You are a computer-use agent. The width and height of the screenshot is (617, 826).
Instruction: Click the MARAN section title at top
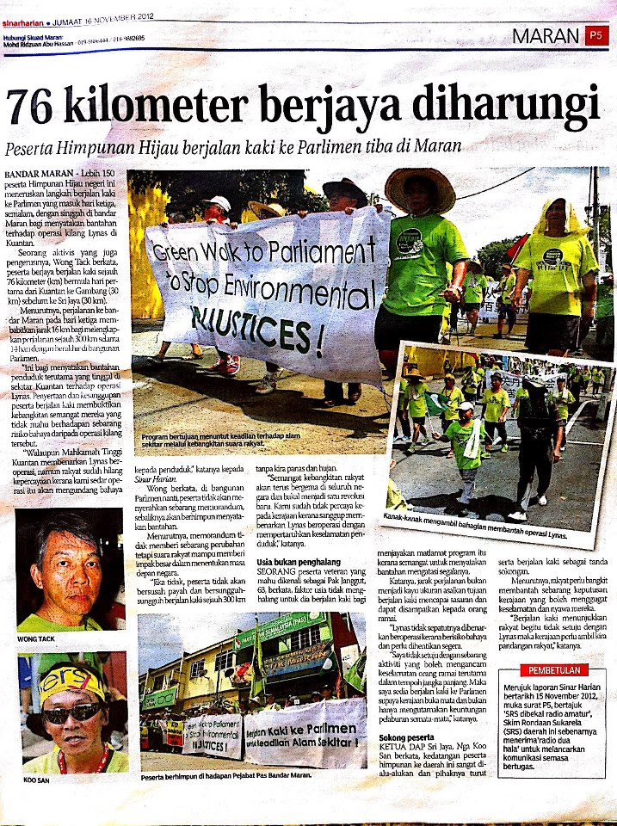(546, 36)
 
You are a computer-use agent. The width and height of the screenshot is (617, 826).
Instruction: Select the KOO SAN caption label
(33, 781)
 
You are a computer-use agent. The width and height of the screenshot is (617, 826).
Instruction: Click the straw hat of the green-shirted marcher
(419, 188)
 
